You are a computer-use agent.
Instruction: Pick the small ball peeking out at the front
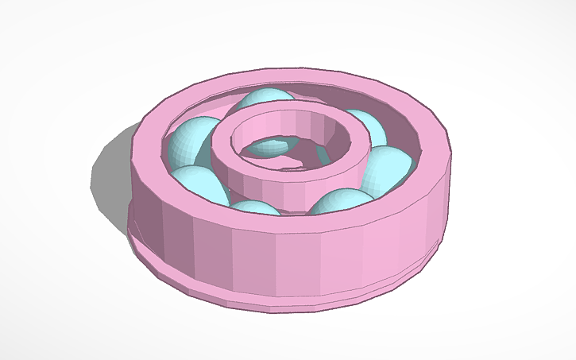coord(256,208)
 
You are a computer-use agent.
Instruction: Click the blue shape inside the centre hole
coord(270,146)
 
